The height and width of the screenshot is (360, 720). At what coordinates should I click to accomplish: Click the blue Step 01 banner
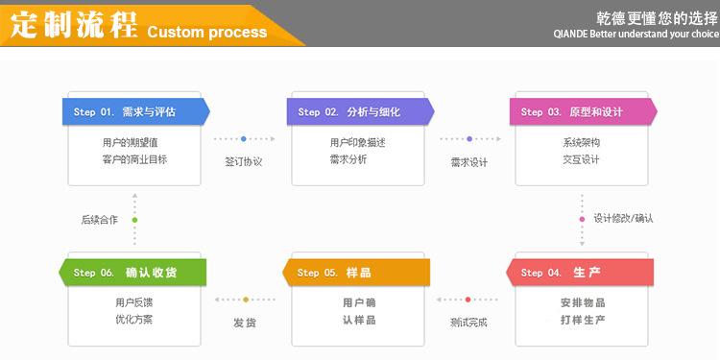(x=136, y=111)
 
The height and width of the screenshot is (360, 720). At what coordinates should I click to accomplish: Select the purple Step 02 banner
(x=360, y=111)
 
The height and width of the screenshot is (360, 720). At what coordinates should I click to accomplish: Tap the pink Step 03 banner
(x=584, y=111)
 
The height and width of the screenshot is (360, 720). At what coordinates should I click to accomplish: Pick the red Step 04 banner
(x=580, y=273)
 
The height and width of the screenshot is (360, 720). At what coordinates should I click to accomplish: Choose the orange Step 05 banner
(x=356, y=273)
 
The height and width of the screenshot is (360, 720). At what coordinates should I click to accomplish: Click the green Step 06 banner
(x=132, y=273)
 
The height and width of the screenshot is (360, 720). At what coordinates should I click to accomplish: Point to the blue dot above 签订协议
(x=244, y=138)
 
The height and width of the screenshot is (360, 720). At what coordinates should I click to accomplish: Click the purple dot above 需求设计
(x=469, y=138)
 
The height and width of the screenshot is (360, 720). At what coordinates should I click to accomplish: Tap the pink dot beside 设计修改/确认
(x=583, y=220)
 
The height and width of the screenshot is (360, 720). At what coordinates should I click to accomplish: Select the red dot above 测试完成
(x=468, y=300)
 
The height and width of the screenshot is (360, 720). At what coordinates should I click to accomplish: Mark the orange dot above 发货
(x=246, y=300)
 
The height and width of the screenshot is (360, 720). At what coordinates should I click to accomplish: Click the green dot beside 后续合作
(x=134, y=220)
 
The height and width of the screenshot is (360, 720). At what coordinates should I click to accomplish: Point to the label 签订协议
(x=244, y=162)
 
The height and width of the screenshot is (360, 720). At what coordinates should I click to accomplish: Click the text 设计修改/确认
(x=623, y=219)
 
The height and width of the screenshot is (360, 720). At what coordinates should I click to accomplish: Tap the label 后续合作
(x=100, y=220)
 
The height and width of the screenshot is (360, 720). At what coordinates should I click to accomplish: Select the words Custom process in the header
(x=207, y=32)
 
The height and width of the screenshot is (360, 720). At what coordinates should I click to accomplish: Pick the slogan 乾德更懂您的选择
(x=657, y=18)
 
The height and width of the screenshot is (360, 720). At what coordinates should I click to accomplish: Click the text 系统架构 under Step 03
(x=582, y=143)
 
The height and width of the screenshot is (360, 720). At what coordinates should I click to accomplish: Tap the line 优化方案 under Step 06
(x=134, y=320)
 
